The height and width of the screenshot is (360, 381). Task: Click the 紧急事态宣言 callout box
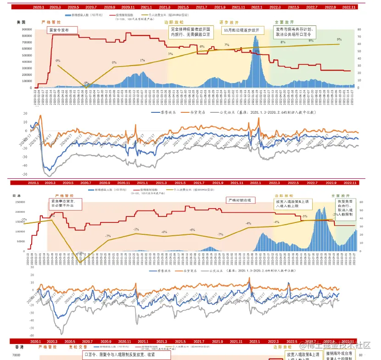[x=65, y=204]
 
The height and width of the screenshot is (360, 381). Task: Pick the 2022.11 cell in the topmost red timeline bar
[x=349, y=7]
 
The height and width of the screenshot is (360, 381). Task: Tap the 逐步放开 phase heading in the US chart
[x=229, y=22]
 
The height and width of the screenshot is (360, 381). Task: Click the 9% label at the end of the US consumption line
[x=339, y=40]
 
